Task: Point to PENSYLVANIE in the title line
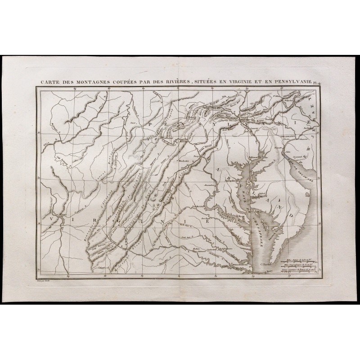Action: point(294,82)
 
